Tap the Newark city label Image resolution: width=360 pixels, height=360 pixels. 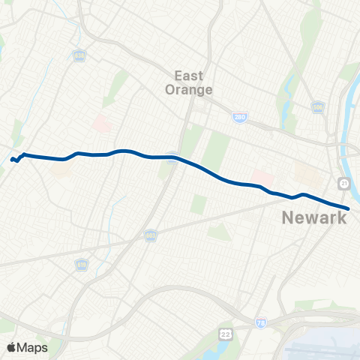tap(314, 218)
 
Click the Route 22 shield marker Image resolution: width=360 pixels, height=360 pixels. tap(226, 332)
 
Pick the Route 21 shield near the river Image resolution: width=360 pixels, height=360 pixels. tap(343, 184)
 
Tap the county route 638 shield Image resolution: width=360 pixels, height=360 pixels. tap(79, 57)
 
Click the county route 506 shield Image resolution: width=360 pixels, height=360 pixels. tap(317, 107)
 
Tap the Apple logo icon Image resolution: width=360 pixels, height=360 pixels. tap(12, 347)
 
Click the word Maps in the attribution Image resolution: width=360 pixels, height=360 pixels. tap(34, 347)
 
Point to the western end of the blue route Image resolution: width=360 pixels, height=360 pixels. tap(12, 159)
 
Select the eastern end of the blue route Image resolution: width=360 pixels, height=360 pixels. tap(348, 208)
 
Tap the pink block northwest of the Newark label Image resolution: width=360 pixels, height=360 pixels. tap(262, 178)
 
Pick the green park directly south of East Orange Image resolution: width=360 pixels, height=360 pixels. tap(214, 150)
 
